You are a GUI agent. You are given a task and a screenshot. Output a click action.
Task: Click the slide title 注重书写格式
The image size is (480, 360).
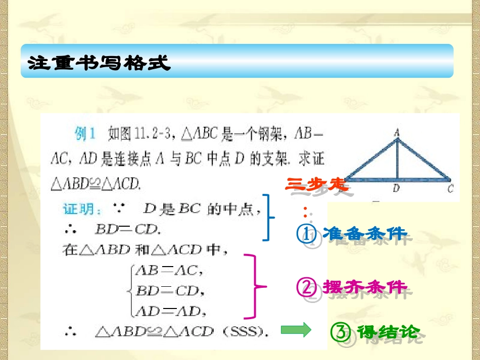pos(100,64)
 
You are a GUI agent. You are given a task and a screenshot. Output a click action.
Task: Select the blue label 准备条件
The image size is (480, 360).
pos(364,233)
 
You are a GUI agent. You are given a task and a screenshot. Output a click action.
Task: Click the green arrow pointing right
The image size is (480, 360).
pos(296,331)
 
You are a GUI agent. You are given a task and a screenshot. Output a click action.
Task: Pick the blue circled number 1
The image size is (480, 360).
pos(306,233)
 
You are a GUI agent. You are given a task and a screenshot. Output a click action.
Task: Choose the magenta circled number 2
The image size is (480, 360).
pos(306,287)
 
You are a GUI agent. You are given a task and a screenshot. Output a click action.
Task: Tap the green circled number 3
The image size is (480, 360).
pos(340,332)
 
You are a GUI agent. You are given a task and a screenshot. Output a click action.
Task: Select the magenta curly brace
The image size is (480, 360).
pos(255,287)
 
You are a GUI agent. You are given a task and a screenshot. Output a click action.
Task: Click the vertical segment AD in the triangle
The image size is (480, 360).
pos(398,159)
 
